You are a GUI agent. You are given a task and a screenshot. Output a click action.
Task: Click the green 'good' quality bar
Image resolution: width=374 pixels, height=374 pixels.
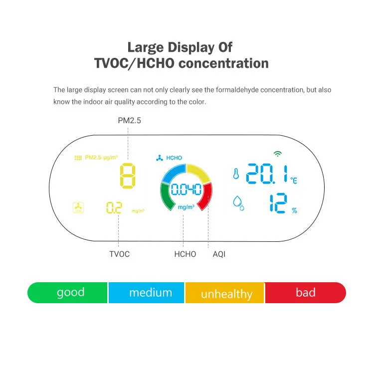click(x=67, y=293)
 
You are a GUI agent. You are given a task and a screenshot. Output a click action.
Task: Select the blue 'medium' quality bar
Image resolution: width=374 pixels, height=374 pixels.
click(x=147, y=293)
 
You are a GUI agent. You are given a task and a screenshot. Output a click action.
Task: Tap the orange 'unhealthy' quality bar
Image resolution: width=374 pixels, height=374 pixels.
click(x=225, y=293)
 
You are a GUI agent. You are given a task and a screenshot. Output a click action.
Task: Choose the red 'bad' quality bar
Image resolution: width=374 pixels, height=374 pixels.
click(x=305, y=293)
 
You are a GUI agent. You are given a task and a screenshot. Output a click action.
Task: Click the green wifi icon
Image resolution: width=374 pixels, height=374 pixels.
click(x=277, y=154)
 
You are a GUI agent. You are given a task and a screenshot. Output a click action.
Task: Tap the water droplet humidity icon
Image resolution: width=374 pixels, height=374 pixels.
click(x=238, y=203)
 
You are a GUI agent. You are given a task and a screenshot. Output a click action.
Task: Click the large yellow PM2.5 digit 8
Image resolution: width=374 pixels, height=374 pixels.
click(x=128, y=176)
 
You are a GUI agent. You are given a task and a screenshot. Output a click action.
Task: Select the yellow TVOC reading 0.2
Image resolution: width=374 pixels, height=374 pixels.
click(x=114, y=208)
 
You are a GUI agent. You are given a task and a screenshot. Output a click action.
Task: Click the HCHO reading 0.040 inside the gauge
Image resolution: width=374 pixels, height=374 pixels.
click(x=186, y=189)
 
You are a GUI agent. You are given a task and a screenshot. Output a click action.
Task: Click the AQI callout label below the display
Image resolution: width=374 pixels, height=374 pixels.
click(x=219, y=254)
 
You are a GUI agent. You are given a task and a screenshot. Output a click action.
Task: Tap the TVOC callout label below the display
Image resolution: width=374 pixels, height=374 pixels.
click(x=119, y=254)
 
